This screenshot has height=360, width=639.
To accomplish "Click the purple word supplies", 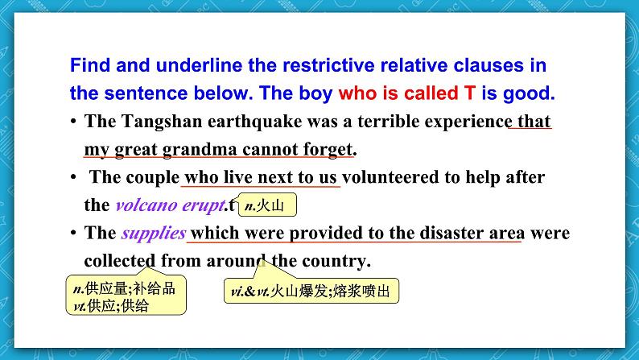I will pos(153,234).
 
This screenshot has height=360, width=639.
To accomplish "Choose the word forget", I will pos(326,150).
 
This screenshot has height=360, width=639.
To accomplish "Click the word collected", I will pos(120,261).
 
